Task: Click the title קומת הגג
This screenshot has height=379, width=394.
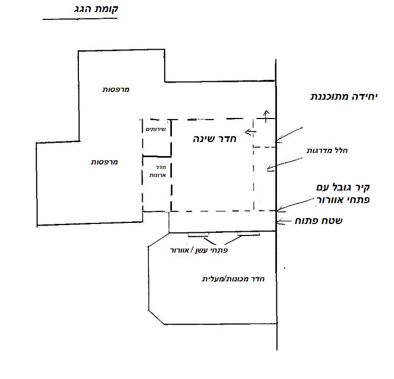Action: [x=96, y=9]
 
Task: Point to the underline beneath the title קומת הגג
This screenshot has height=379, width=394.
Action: [x=80, y=19]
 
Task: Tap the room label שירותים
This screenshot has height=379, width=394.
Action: [x=156, y=129]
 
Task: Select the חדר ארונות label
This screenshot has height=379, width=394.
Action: [x=158, y=171]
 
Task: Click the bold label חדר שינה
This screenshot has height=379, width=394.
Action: [x=215, y=138]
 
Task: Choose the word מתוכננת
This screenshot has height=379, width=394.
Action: [x=330, y=97]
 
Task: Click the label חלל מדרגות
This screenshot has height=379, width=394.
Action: [x=327, y=150]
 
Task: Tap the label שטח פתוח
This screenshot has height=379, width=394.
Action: [x=319, y=221]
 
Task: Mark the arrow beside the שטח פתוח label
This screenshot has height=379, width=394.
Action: [x=281, y=221]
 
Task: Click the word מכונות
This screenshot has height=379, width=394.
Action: [x=238, y=279]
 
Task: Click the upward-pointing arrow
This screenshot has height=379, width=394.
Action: [x=266, y=116]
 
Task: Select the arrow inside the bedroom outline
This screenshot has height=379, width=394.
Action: [x=250, y=132]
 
